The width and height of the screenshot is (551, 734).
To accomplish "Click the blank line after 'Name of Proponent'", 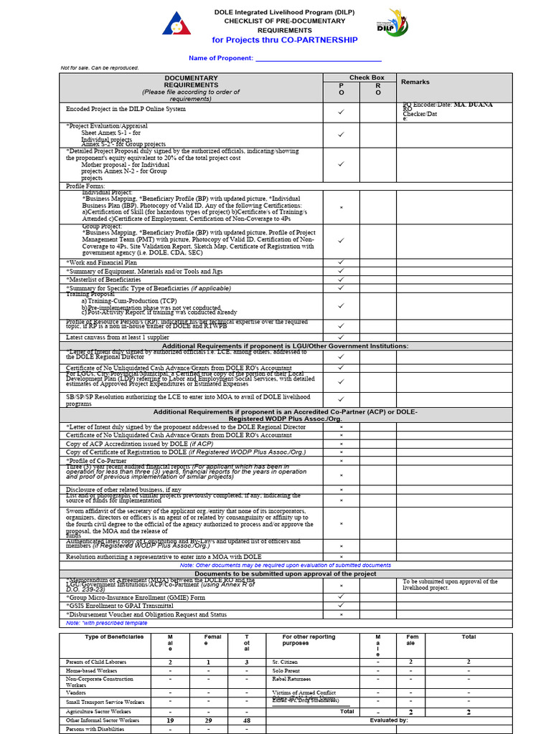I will click(x=318, y=58).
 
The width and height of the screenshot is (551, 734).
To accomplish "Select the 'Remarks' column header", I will click(x=415, y=82).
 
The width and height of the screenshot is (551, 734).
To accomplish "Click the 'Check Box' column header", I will click(x=367, y=77).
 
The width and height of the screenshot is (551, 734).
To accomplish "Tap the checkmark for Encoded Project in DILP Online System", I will click(x=342, y=112).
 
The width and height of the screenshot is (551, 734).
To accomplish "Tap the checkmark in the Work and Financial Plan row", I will click(x=342, y=262).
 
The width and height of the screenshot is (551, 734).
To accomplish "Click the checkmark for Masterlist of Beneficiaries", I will click(x=342, y=280).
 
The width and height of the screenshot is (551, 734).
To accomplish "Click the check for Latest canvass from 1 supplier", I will click(x=342, y=337).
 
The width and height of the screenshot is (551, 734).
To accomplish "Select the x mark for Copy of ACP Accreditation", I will click(x=342, y=444).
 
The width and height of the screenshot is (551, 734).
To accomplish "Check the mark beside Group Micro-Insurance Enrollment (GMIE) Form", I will click(x=342, y=596).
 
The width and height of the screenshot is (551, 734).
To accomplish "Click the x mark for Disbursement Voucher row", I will click(x=342, y=614).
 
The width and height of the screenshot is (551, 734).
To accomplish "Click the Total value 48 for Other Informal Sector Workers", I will click(x=246, y=720).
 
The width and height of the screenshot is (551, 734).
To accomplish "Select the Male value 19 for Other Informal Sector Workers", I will click(x=170, y=720).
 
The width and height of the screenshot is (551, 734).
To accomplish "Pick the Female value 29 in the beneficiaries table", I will click(x=208, y=720).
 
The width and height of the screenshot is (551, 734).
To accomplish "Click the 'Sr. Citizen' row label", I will click(x=285, y=662).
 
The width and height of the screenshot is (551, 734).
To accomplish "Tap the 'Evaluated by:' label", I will click(x=389, y=720).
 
